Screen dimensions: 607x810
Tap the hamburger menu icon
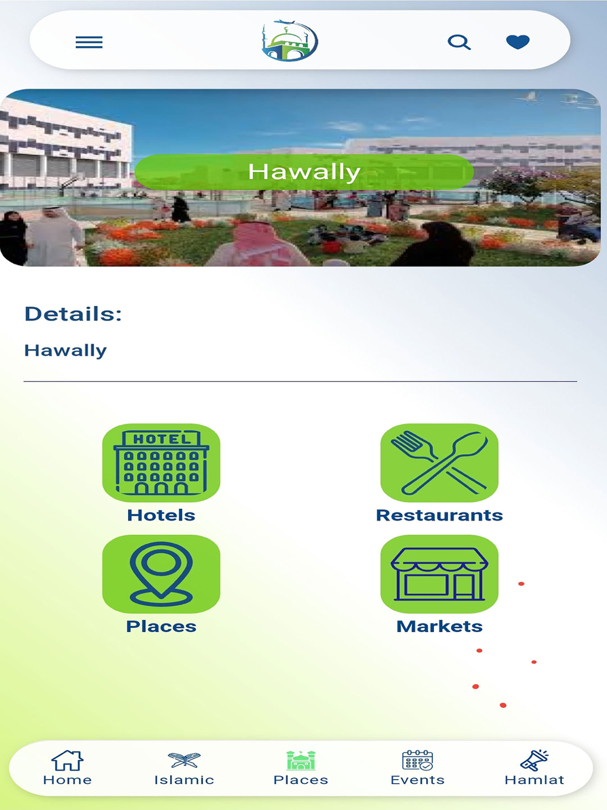tap(89, 42)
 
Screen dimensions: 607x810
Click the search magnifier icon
tap(459, 42)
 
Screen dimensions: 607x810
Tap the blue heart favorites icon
tap(518, 42)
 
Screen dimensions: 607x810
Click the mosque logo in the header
tap(290, 40)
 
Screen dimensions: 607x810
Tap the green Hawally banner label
tap(304, 172)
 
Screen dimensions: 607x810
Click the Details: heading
tap(73, 314)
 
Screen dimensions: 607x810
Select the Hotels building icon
tap(161, 463)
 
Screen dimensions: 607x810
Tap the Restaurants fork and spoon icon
tap(439, 463)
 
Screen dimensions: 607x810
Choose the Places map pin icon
tap(161, 574)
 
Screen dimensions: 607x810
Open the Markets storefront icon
tap(439, 574)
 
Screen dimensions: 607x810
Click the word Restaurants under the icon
tap(439, 515)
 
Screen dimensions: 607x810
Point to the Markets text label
tap(439, 626)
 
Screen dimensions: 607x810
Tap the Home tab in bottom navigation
tap(67, 767)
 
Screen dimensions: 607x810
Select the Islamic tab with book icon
tap(184, 767)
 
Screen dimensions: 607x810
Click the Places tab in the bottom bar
tap(301, 767)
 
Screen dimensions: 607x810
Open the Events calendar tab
tap(418, 767)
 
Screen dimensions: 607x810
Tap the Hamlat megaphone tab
tap(534, 767)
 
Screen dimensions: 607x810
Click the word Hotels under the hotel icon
tap(161, 515)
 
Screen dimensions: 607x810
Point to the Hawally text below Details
tap(66, 350)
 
